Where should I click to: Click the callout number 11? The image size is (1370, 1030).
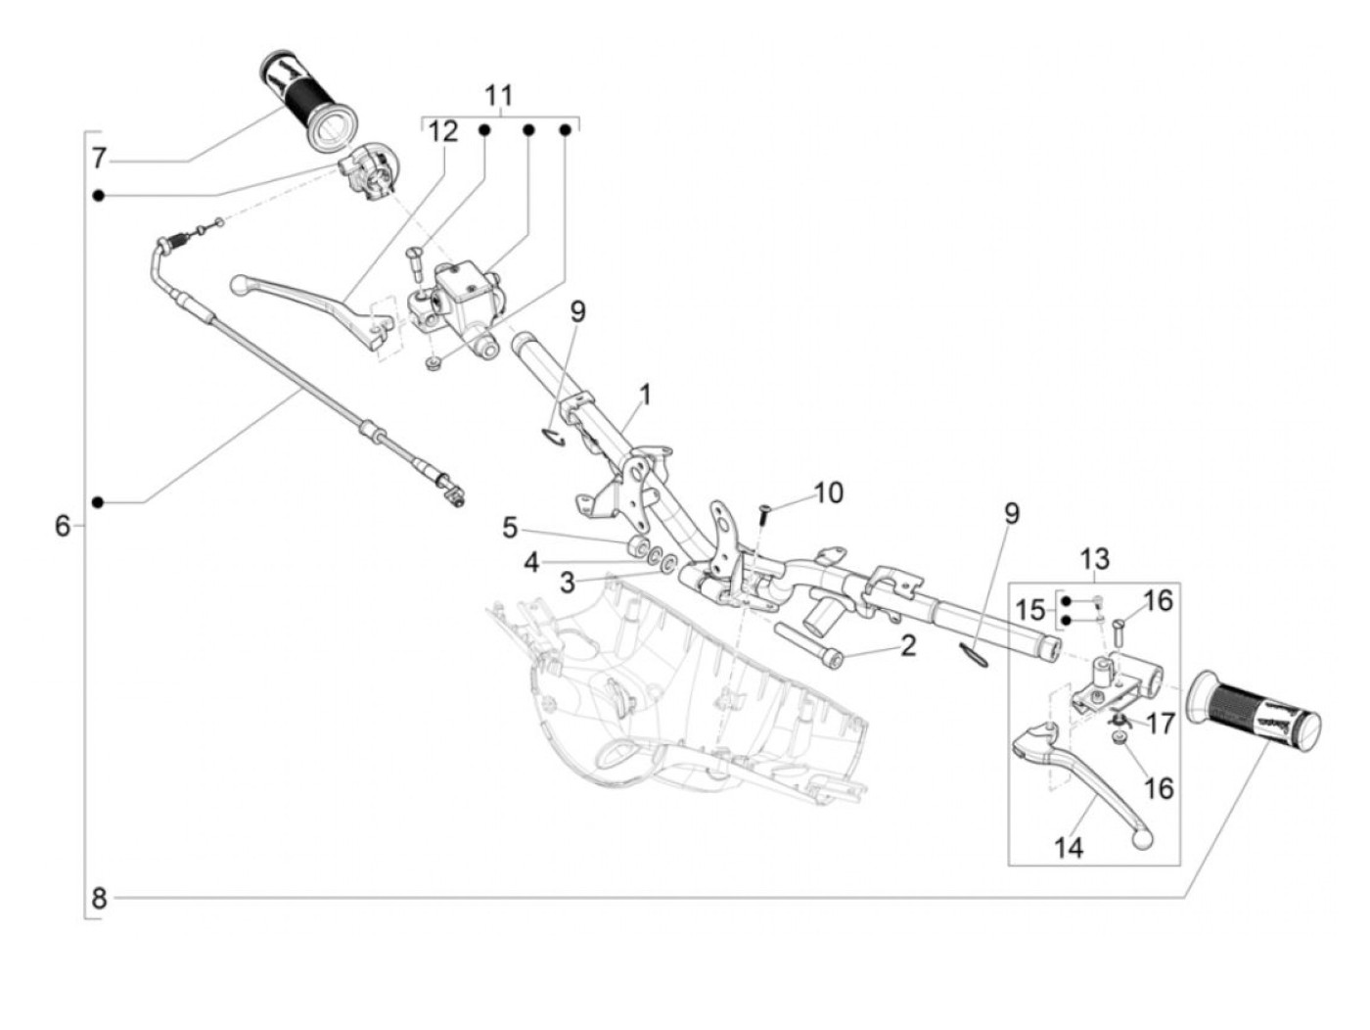498,96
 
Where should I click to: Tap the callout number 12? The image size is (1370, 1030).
442,132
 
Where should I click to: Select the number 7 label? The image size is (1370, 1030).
99,159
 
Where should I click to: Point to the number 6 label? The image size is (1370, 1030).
63,526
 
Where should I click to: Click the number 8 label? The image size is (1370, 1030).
99,899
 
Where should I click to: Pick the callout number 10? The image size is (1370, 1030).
828,492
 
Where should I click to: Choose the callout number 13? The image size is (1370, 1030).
1094,559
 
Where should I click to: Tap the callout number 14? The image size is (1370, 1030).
1069,848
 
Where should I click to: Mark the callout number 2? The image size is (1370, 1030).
907,646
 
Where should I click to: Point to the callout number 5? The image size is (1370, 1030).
510,528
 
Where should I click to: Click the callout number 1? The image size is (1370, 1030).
645,395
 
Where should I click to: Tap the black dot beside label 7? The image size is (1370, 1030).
98,196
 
